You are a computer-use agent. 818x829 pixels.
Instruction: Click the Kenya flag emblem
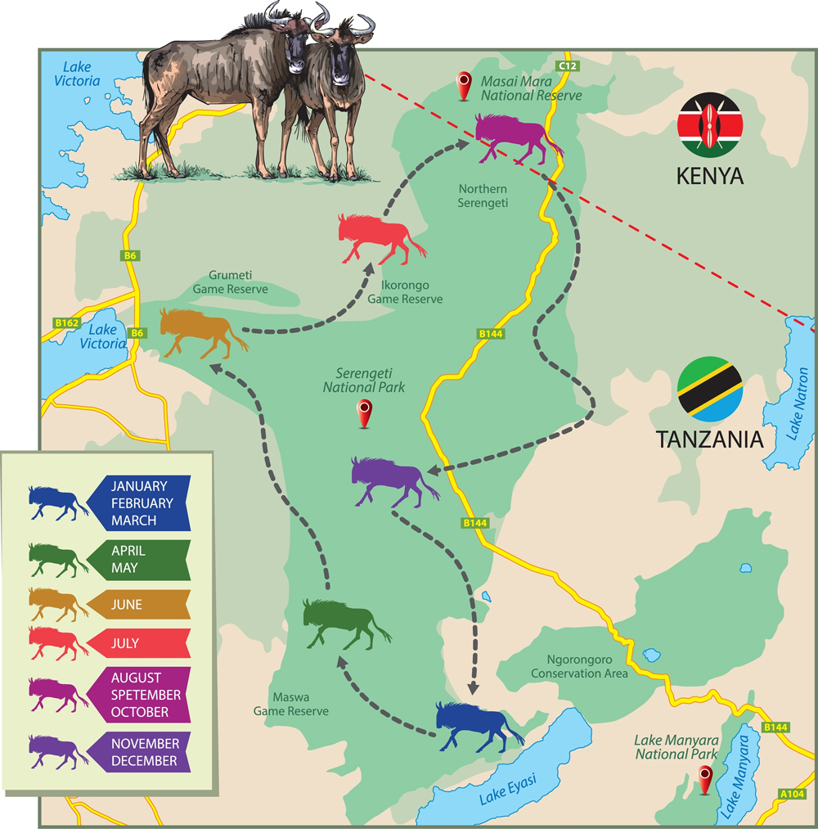(x=709, y=125)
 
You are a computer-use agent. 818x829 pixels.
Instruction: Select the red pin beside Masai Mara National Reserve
(x=465, y=84)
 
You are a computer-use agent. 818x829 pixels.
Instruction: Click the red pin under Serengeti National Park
(x=366, y=413)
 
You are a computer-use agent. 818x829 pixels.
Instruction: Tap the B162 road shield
(x=66, y=323)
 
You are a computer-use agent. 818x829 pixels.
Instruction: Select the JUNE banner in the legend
(x=139, y=605)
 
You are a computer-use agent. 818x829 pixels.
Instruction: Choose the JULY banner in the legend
(x=139, y=643)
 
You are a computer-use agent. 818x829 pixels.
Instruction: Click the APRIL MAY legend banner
(x=139, y=560)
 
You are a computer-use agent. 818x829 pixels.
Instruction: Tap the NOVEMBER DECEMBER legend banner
(x=139, y=752)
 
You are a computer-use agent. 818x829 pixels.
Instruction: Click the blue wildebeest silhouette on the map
(x=477, y=723)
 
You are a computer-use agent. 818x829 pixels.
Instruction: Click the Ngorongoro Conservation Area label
(x=579, y=666)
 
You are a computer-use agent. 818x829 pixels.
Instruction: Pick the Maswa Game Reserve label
(x=290, y=705)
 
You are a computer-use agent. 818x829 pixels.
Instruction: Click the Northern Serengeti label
(x=483, y=196)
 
